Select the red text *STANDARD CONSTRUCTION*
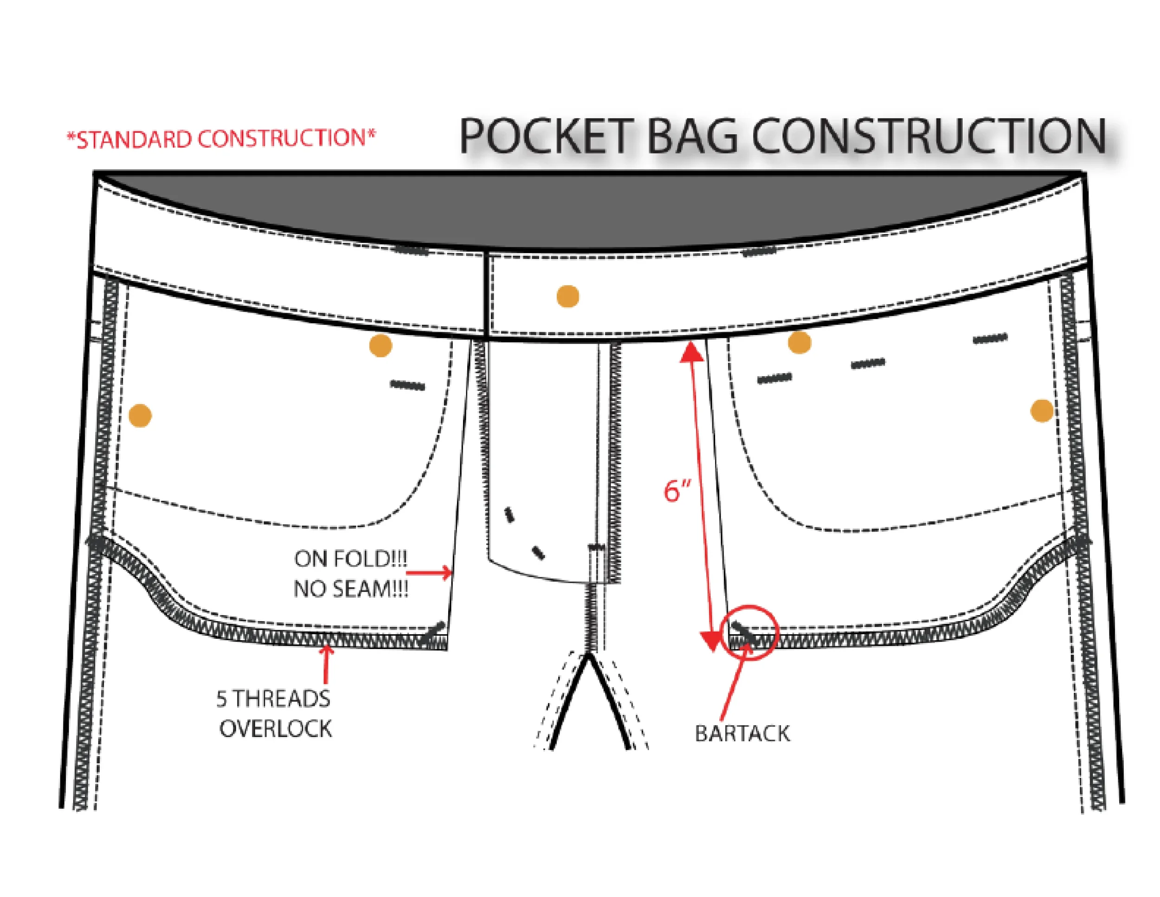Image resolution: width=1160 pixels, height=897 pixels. pos(221,139)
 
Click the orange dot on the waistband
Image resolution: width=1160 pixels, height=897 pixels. pos(568,296)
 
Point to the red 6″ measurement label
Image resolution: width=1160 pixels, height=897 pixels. pos(677,490)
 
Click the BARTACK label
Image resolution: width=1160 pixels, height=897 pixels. pos(742,734)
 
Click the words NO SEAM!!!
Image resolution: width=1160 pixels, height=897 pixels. pos(350,589)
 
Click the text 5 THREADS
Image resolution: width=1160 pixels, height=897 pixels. pos(273,698)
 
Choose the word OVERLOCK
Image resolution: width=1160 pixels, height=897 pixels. pos(276,728)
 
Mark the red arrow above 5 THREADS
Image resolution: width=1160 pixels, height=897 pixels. pos(326,664)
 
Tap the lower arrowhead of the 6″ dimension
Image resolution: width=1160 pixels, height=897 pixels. pos(711,641)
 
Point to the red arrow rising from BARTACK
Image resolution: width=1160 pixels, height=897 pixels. pos(735,682)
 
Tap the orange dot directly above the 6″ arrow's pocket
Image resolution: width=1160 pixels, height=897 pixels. pos(799,342)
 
